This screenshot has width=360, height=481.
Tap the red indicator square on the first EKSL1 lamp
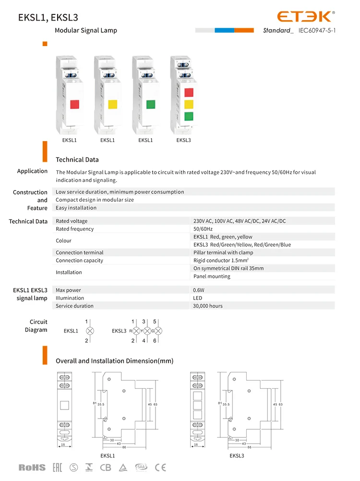[74, 104]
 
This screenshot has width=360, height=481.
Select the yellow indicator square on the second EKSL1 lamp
[113, 104]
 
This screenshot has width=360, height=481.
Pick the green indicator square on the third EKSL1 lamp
[150, 104]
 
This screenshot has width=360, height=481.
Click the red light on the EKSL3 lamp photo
[189, 92]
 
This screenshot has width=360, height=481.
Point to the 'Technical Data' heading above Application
[77, 160]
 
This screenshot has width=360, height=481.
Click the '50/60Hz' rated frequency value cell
[204, 229]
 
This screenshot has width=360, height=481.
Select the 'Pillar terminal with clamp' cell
[223, 253]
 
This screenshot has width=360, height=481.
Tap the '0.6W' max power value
[199, 290]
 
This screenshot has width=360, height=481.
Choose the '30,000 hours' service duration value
[208, 306]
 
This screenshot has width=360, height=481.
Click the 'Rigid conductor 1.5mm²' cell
[221, 261]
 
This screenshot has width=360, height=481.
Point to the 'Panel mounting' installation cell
[211, 277]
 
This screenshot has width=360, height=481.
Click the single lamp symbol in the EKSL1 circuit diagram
[89, 331]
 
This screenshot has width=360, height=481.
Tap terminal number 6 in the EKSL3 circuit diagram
[155, 340]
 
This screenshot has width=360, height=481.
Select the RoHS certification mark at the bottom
[32, 467]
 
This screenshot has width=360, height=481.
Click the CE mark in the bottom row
[160, 467]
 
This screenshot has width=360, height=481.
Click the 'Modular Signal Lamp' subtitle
[86, 30]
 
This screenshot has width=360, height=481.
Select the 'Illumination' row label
[70, 298]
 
